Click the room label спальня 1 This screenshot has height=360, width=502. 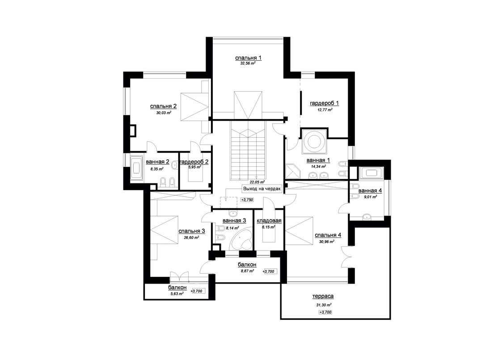coord(248,58)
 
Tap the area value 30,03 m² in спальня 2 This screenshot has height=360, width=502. coord(164,113)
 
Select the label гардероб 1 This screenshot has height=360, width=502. coord(325,103)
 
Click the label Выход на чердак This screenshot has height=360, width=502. coord(262,189)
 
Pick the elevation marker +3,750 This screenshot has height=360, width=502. coord(247,199)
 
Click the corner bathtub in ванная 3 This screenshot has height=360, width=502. coord(241,239)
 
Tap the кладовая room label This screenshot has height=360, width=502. coord(269,220)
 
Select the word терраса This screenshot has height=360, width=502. coord(323,296)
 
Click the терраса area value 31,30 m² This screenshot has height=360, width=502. coord(324,305)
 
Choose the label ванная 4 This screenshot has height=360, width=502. coord(370,191)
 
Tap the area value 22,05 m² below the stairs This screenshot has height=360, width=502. coord(257,182)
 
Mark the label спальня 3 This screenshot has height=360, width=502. coord(191,231)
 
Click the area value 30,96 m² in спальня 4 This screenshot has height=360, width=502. coord(327,242)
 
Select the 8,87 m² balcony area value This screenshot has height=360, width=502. coord(248,271)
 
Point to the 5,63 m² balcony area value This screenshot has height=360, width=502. coord(177,293)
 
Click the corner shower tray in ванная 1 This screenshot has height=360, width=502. coord(293,171)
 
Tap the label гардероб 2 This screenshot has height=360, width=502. coord(194,162)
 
